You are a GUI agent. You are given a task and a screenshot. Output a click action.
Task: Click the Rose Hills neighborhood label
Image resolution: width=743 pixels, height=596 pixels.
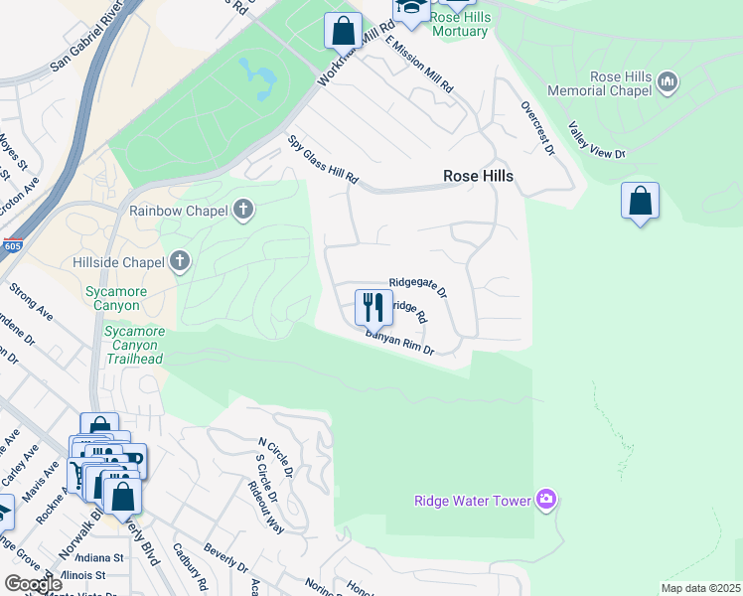coord(478,176)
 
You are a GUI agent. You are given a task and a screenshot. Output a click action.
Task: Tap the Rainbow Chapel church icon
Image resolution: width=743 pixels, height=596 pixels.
coord(243,211)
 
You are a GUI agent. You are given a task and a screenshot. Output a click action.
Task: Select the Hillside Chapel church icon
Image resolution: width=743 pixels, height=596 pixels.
coord(180,261)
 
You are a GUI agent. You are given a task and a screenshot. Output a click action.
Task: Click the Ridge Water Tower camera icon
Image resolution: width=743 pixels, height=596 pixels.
coord(545,500)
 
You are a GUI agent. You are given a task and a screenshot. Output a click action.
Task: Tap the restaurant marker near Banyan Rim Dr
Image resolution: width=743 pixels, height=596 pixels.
coord(373,306)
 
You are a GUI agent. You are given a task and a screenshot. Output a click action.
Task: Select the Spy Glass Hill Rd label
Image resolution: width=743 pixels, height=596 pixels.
coord(323,160)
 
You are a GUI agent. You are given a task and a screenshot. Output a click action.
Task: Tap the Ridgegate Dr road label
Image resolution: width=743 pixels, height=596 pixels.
coord(418,288)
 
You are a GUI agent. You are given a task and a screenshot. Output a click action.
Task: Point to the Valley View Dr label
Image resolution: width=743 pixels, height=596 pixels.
coord(596,140)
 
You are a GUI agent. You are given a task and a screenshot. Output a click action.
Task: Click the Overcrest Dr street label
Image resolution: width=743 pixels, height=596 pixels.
coord(536,126)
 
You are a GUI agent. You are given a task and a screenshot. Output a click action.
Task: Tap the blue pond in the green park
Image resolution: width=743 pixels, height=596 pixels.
coord(259,79)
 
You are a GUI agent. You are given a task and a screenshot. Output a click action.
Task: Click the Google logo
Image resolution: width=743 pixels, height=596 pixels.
coord(34,584)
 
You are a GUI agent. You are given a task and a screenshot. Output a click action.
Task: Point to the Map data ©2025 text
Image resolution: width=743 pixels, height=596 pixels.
coord(700,588)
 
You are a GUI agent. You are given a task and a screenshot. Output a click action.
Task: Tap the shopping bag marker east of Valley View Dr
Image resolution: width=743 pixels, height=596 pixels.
coord(641,202)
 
